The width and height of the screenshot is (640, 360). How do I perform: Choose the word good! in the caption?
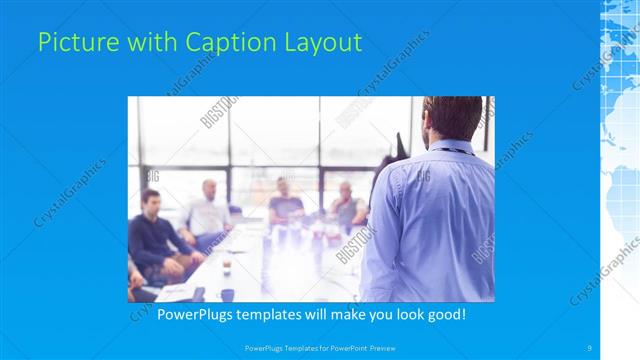[x=443, y=315]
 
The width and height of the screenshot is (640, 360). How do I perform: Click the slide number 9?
[x=589, y=347]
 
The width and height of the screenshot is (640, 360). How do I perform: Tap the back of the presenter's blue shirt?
[x=432, y=220]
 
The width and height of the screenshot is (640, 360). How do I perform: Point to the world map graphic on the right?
[x=620, y=150]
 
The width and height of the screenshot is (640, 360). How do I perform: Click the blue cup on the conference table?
[x=227, y=294]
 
